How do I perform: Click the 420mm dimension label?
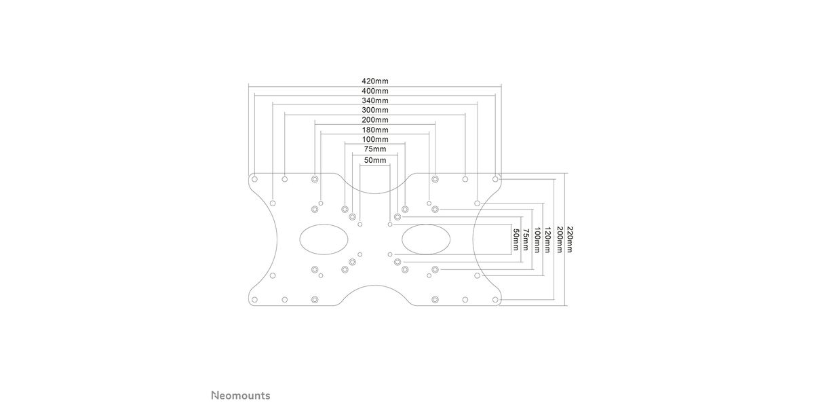[375, 81]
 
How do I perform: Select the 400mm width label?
[375, 91]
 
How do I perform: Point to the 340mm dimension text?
[375, 100]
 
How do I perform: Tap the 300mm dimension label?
[375, 110]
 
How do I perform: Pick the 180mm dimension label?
[375, 130]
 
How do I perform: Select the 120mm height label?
[547, 239]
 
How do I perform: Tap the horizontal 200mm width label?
[375, 120]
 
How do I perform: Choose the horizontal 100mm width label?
[375, 140]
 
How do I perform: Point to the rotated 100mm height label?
[536, 239]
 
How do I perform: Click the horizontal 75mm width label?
[375, 149]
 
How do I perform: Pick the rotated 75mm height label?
[525, 239]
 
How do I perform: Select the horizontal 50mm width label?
[375, 160]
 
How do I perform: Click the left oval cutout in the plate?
[324, 239]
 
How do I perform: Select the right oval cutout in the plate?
[426, 239]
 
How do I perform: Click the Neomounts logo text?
[240, 395]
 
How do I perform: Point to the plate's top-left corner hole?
[254, 179]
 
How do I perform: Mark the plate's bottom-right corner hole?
[496, 299]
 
